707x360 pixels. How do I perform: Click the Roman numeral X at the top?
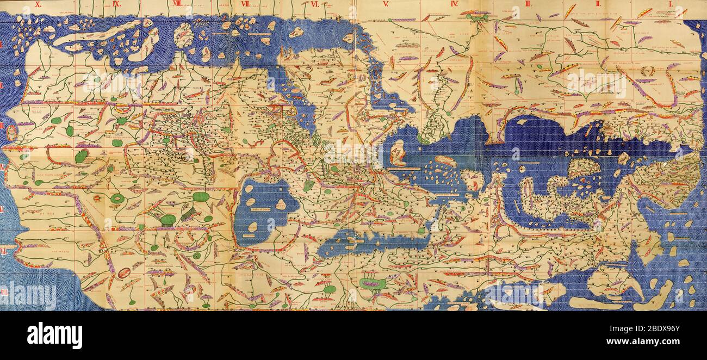click(38, 4)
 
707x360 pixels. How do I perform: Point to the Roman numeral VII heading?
click(245, 4)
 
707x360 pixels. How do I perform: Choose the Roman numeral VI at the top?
click(315, 4)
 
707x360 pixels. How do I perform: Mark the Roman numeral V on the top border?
click(386, 4)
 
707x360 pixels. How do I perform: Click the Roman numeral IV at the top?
click(455, 4)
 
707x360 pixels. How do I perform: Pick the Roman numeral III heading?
click(528, 4)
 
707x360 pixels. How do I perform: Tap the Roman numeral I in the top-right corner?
click(671, 4)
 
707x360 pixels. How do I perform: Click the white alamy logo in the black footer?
click(54, 335)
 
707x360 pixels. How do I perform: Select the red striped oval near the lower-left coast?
click(124, 272)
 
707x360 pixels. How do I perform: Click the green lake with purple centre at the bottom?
click(373, 283)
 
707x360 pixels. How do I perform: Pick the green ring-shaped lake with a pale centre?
click(117, 198)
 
